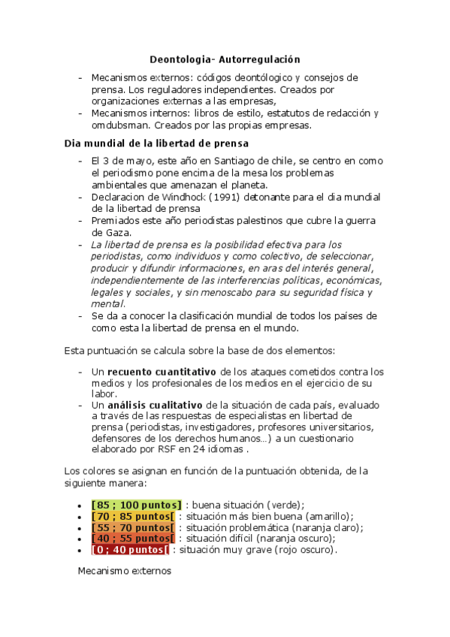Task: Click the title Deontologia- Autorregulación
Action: [x=225, y=59]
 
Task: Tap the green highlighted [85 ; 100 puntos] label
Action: [x=136, y=505]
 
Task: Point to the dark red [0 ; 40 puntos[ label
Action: [x=130, y=550]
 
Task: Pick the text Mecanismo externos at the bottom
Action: [x=125, y=572]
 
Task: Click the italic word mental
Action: [x=107, y=304]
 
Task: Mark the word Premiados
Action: [x=116, y=220]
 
